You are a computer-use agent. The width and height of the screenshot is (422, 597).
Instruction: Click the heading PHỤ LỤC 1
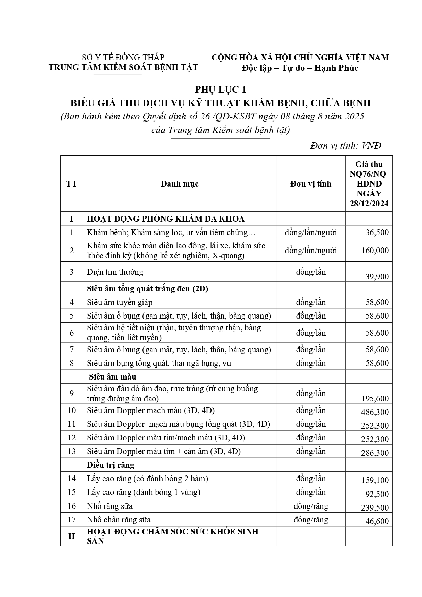[x=220, y=90]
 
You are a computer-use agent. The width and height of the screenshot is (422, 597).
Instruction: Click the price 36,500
[x=377, y=233]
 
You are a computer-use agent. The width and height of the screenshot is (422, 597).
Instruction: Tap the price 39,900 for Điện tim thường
[x=377, y=277]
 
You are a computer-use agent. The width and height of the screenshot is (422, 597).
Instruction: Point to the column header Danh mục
[x=180, y=184]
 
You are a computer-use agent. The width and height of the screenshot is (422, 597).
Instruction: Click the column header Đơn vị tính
[x=310, y=184]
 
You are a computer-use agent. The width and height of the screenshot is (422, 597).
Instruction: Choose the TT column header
[x=71, y=184]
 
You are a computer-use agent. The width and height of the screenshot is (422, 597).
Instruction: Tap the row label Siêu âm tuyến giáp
[x=120, y=302]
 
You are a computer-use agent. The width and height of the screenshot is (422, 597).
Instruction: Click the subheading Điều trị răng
[x=111, y=465]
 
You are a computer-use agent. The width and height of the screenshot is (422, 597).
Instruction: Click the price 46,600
[x=377, y=521]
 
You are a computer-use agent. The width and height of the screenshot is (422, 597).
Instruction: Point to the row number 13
[x=71, y=451]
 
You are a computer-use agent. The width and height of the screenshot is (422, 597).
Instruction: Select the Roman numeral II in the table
[x=71, y=536]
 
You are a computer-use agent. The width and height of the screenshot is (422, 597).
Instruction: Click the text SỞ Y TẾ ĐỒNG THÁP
[x=123, y=57]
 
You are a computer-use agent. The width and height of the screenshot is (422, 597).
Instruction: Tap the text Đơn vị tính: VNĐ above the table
[x=345, y=146]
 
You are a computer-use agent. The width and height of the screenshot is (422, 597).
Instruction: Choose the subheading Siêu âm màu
[x=113, y=377]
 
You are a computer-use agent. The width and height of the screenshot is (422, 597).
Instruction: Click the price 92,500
[x=377, y=494]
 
